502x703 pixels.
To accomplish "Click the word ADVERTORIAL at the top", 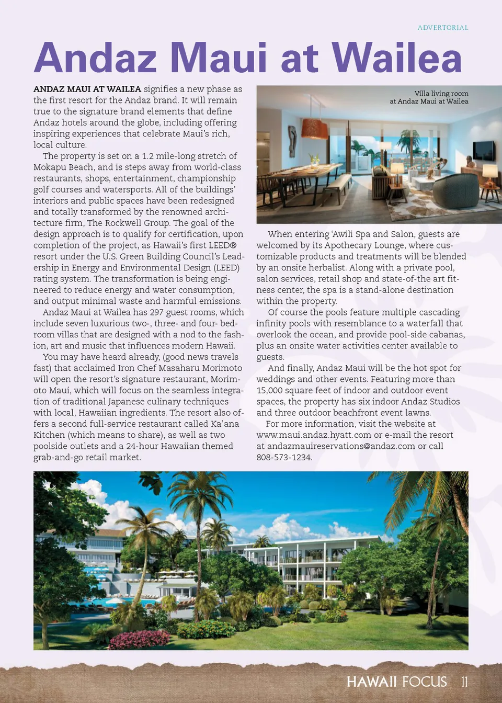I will [x=442, y=28].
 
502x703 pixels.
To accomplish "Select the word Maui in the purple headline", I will [x=218, y=58].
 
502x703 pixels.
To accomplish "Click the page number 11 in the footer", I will [x=464, y=682].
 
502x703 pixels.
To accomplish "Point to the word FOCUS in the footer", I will [x=425, y=682].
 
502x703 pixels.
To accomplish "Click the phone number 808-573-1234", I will [x=283, y=457].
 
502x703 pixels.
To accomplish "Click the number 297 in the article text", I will [x=156, y=312].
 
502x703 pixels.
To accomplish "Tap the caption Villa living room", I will [x=441, y=94].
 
